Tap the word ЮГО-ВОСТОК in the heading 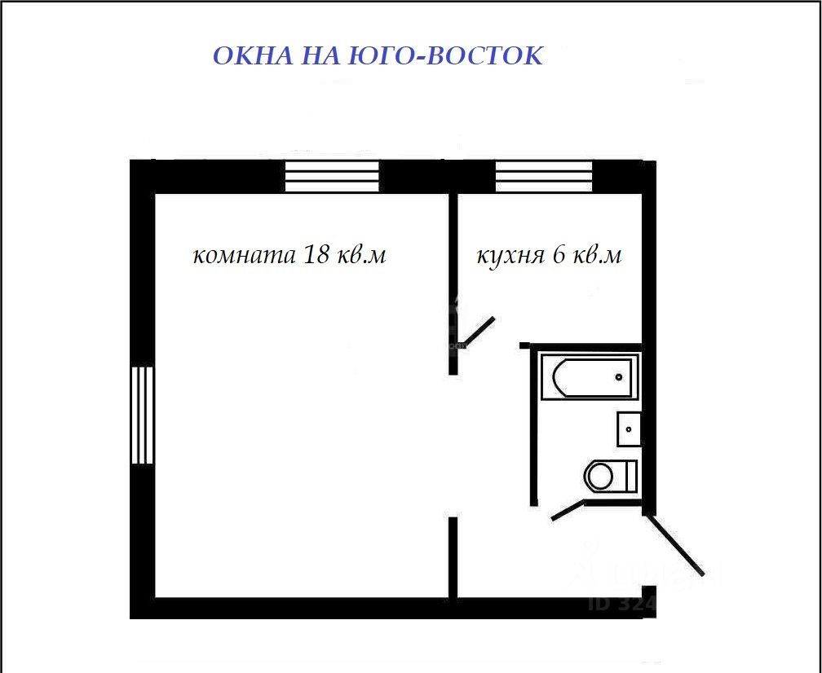(445, 56)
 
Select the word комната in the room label (244, 256)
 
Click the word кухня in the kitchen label (510, 256)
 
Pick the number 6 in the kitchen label (559, 255)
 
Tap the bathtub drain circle (619, 377)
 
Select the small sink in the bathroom (629, 429)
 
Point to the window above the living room (332, 176)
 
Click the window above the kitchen (544, 176)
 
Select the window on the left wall (143, 415)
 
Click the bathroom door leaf (568, 511)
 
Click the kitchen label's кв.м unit (597, 256)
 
